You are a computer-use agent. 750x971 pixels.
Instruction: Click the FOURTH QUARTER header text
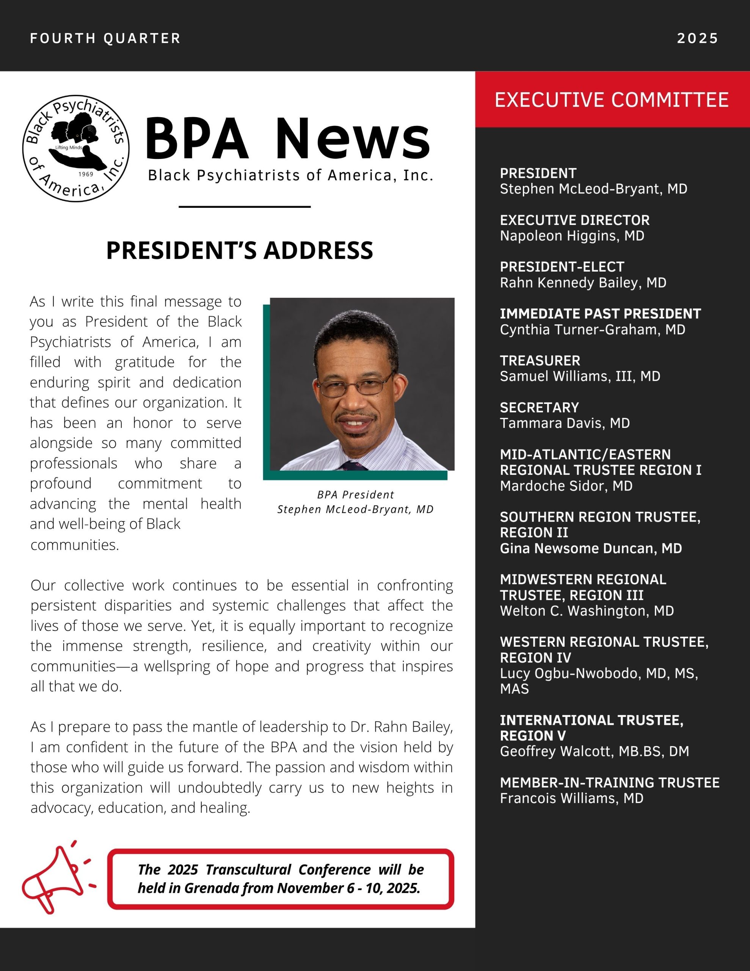[x=105, y=38]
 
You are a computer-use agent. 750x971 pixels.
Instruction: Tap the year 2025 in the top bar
[x=697, y=38]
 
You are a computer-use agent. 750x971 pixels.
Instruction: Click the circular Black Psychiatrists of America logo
[x=76, y=148]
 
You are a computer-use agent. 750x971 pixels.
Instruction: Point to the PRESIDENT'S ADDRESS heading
[x=240, y=250]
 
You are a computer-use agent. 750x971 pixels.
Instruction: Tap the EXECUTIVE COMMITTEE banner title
[x=612, y=100]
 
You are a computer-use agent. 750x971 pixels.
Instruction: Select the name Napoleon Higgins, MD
[x=572, y=236]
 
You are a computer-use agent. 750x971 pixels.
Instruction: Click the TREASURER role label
[x=540, y=361]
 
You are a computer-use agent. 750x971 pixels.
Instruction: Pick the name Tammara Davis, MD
[x=565, y=423]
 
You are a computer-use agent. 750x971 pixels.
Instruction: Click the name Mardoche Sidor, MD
[x=566, y=485]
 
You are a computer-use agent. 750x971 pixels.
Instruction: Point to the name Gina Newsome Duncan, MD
[x=590, y=548]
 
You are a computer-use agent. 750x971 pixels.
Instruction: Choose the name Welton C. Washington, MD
[x=587, y=611]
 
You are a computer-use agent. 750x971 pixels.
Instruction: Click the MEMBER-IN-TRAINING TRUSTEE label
[x=609, y=782]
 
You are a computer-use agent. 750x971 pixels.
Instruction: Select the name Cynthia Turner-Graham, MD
[x=592, y=330]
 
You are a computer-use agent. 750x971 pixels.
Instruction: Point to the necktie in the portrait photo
[x=353, y=465]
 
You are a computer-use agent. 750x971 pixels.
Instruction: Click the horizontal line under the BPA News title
[x=245, y=207]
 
